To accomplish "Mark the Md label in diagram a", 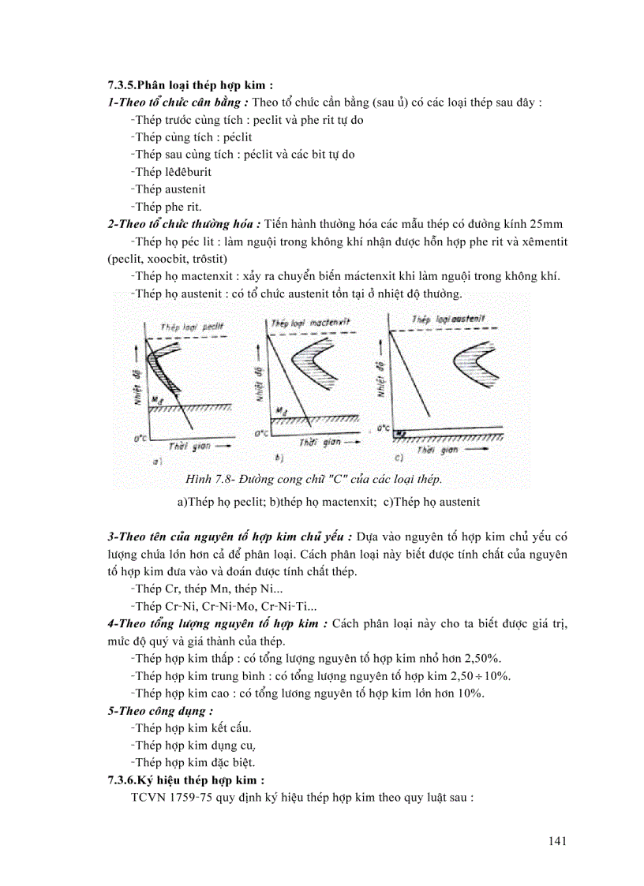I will pyautogui.click(x=158, y=400).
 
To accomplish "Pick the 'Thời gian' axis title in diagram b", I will pyautogui.click(x=320, y=443).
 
